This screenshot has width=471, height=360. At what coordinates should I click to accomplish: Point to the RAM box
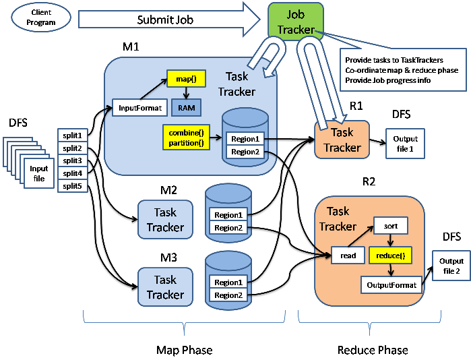(x=184, y=107)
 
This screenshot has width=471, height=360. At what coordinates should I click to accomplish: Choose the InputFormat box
(x=140, y=107)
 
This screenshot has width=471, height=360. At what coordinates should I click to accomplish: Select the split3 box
(x=72, y=161)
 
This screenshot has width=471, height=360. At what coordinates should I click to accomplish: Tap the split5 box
(x=72, y=187)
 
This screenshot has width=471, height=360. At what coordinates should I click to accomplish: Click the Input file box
(x=38, y=173)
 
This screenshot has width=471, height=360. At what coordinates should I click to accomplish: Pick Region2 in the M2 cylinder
(x=228, y=228)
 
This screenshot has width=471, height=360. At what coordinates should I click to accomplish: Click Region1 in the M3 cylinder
(x=228, y=282)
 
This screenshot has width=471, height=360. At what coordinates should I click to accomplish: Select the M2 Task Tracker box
(x=165, y=220)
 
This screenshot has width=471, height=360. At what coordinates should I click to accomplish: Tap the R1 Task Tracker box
(x=342, y=140)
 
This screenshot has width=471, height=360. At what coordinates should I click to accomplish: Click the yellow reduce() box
(x=390, y=256)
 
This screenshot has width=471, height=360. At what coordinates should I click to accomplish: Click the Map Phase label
(x=184, y=350)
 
